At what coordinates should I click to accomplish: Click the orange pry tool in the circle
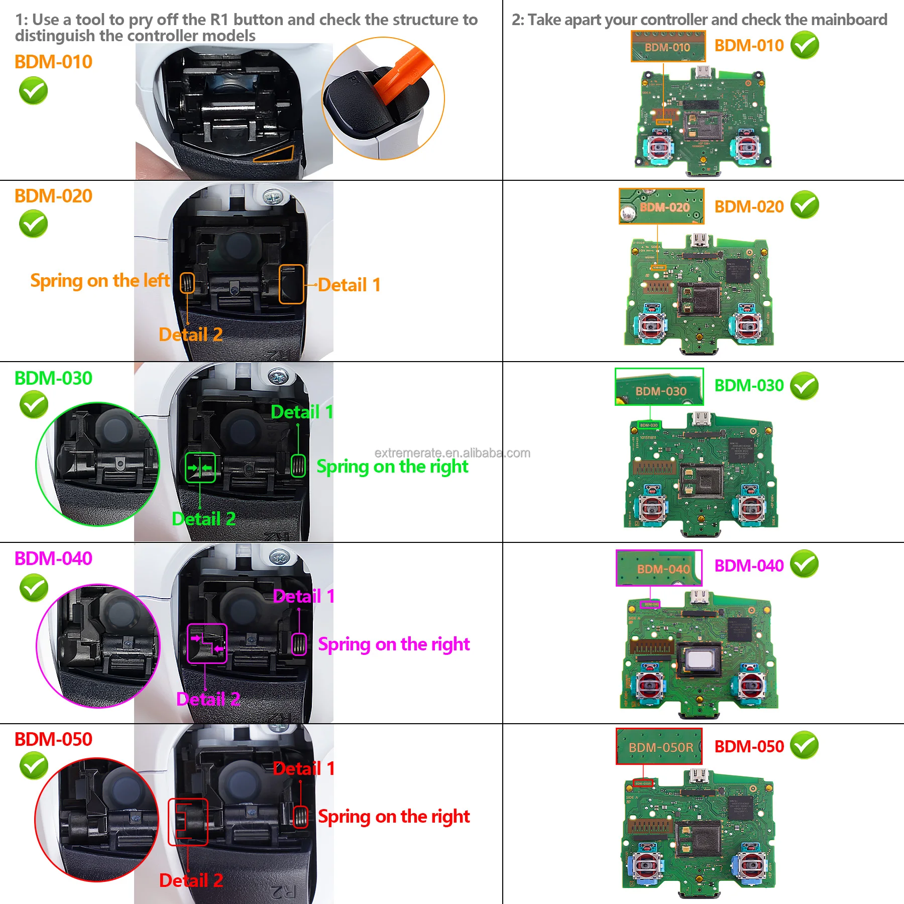[402, 80]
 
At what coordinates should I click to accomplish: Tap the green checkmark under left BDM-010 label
[33, 91]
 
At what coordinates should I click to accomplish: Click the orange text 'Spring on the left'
[100, 281]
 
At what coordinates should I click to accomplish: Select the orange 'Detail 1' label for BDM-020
[349, 285]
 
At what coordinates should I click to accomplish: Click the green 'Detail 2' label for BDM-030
[203, 519]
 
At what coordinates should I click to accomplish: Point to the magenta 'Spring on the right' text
[394, 644]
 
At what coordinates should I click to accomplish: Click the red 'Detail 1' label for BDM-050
[304, 768]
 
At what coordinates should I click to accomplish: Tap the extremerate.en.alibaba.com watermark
[452, 453]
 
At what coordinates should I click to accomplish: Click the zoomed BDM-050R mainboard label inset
[659, 746]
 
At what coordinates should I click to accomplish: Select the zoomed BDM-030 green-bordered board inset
[659, 387]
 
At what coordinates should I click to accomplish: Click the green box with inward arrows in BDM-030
[200, 468]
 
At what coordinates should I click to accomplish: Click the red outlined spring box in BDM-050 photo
[300, 817]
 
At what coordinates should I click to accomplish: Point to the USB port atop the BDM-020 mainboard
[700, 240]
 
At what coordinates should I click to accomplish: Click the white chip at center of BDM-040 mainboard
[700, 659]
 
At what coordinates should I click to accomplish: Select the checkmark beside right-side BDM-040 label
[804, 564]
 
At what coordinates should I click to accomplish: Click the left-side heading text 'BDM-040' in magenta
[53, 558]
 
